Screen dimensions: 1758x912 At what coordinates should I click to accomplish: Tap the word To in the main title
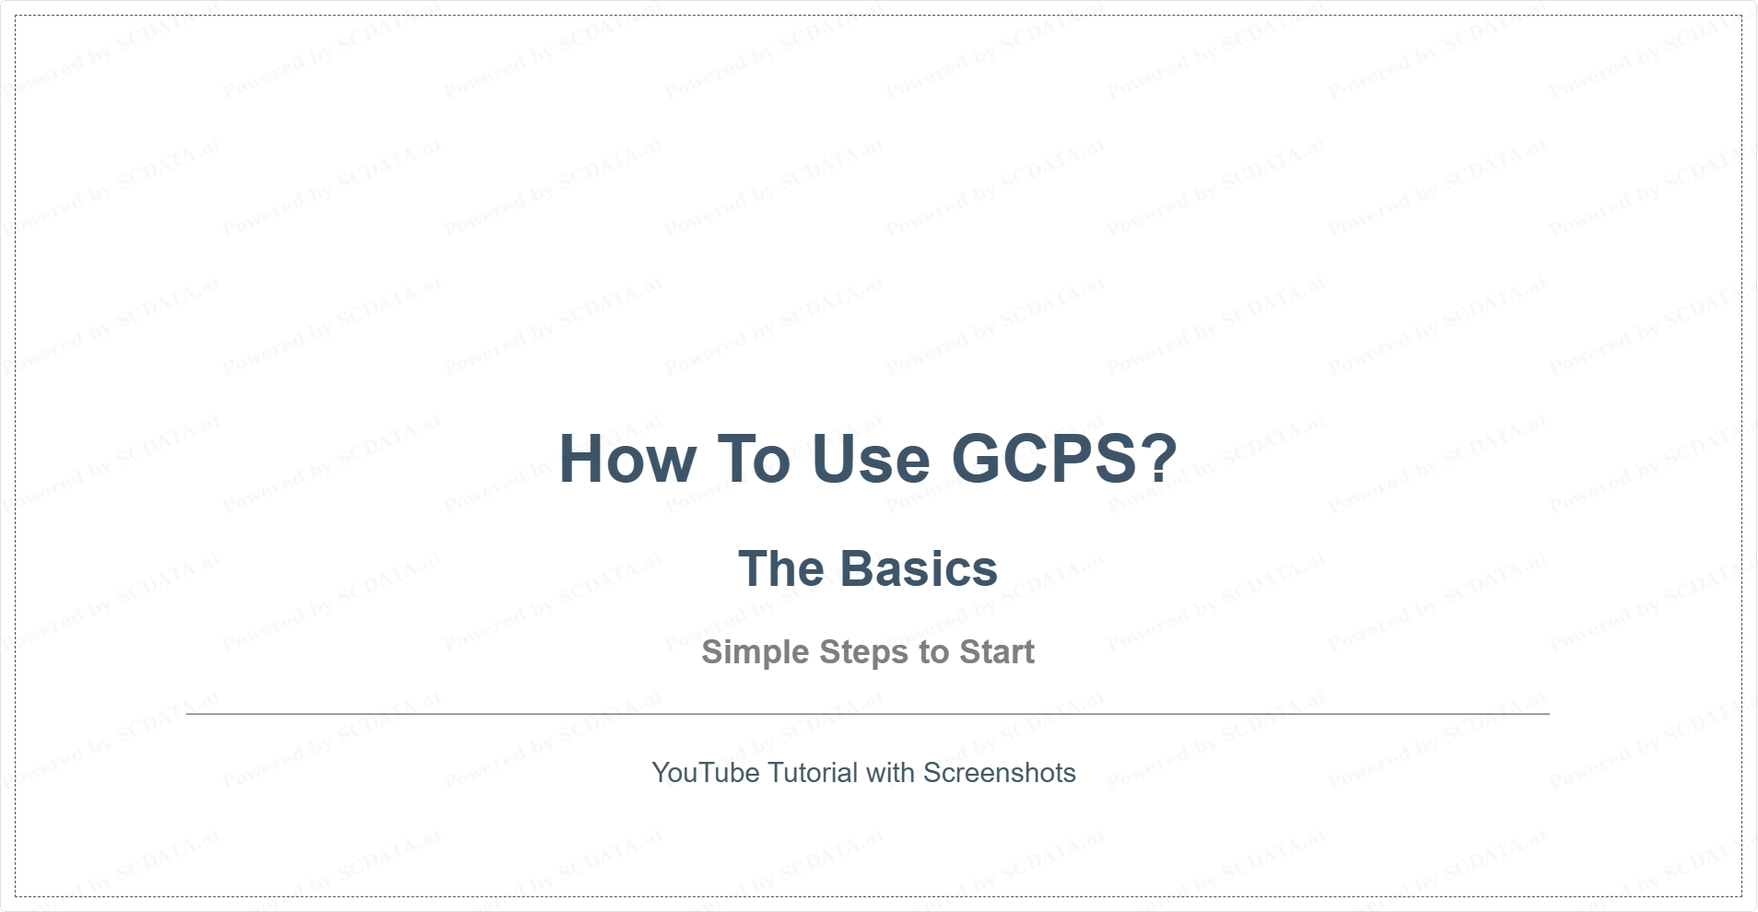pos(754,459)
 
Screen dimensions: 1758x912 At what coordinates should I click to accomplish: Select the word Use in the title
pos(871,459)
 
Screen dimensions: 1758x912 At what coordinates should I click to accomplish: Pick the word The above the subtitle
pos(780,568)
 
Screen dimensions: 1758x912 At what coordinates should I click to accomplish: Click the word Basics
pos(919,568)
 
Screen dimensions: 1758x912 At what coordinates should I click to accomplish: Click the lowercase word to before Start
pos(933,652)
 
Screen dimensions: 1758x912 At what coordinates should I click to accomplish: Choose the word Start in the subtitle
pos(997,652)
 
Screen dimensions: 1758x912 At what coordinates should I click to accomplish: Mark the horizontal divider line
pos(868,713)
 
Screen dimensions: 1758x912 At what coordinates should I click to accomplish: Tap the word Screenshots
pos(1000,772)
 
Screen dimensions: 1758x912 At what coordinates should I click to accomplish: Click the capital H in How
pos(581,459)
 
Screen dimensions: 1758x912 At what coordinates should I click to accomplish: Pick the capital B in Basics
pos(857,568)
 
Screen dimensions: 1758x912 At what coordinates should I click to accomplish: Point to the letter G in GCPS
pos(975,459)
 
